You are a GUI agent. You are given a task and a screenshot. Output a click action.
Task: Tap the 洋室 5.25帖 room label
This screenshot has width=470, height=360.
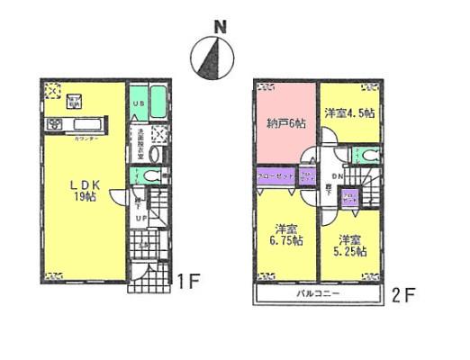click(351, 247)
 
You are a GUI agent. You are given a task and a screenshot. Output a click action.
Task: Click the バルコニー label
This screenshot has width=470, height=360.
click(315, 294)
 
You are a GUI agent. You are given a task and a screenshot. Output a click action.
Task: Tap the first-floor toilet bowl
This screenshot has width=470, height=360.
click(153, 176)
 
